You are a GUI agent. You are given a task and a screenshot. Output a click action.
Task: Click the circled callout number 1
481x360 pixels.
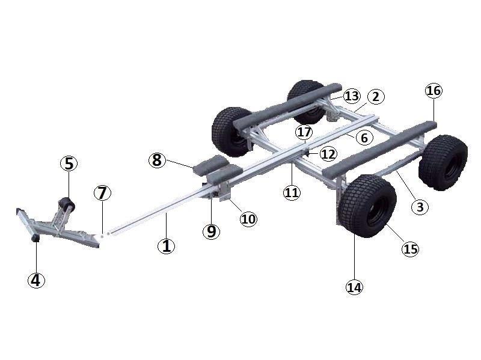click(x=167, y=246)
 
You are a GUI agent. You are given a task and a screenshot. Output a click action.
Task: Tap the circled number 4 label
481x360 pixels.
click(x=36, y=280)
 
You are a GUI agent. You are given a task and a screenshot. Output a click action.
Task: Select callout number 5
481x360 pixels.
click(x=69, y=163)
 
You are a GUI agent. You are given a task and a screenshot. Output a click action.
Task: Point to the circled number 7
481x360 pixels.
click(x=102, y=193)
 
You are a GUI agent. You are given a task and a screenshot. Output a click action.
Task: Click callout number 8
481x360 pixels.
click(x=157, y=160)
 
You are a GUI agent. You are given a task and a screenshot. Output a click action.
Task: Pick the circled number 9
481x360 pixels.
click(x=212, y=231)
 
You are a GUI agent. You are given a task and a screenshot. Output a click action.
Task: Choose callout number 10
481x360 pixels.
click(x=248, y=219)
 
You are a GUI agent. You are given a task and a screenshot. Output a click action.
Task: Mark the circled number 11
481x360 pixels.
click(x=292, y=192)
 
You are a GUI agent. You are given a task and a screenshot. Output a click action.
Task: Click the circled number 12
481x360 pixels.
click(x=328, y=154)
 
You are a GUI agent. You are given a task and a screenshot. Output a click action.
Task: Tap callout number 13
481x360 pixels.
click(x=352, y=96)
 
